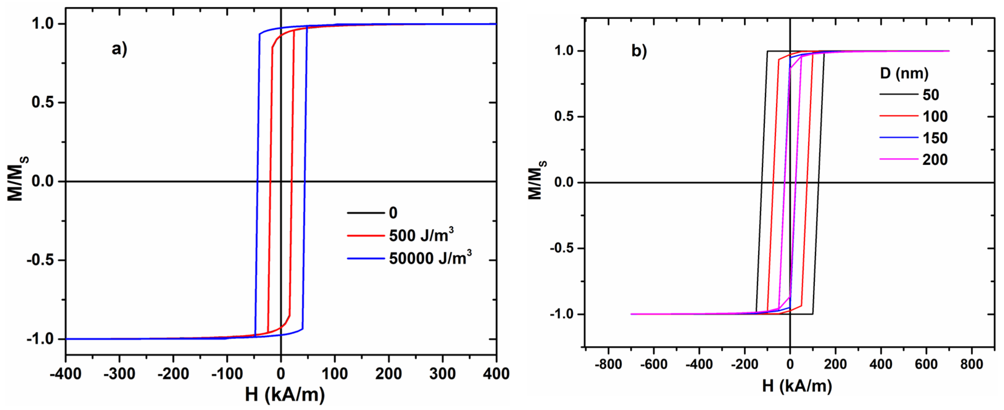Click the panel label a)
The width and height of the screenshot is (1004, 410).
point(119,49)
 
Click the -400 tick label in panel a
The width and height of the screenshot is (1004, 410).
point(65,374)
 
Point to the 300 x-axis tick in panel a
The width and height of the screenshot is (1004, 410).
point(442,374)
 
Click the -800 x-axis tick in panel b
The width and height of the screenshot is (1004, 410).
point(608,364)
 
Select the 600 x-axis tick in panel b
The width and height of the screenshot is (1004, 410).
point(926,364)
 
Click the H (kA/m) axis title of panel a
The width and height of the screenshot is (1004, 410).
point(285,395)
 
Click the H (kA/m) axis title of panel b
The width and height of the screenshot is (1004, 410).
point(797,386)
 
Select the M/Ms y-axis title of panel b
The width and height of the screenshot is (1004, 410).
point(537,180)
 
